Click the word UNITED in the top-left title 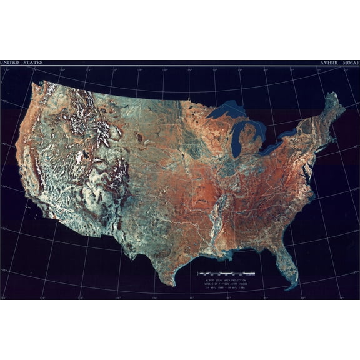tap(9, 63)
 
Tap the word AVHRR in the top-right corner tap(329, 63)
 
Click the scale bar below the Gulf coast tap(226, 274)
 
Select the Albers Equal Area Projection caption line tap(226, 279)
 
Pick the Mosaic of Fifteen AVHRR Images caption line tap(226, 284)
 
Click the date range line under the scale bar tap(226, 288)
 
